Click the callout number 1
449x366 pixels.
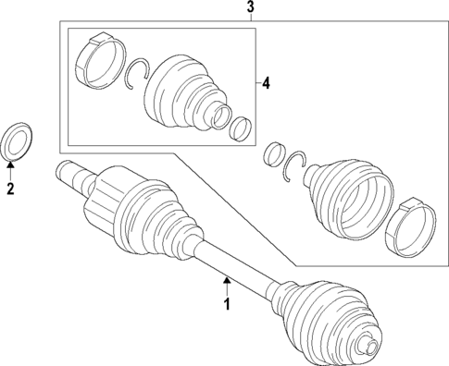point(224,302)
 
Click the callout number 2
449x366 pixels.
point(10,190)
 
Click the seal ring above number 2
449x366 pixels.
point(18,140)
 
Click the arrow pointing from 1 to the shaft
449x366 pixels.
point(224,281)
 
